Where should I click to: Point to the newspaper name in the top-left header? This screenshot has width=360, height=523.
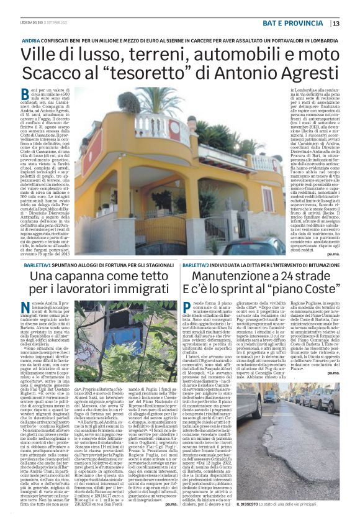point(37,24)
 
